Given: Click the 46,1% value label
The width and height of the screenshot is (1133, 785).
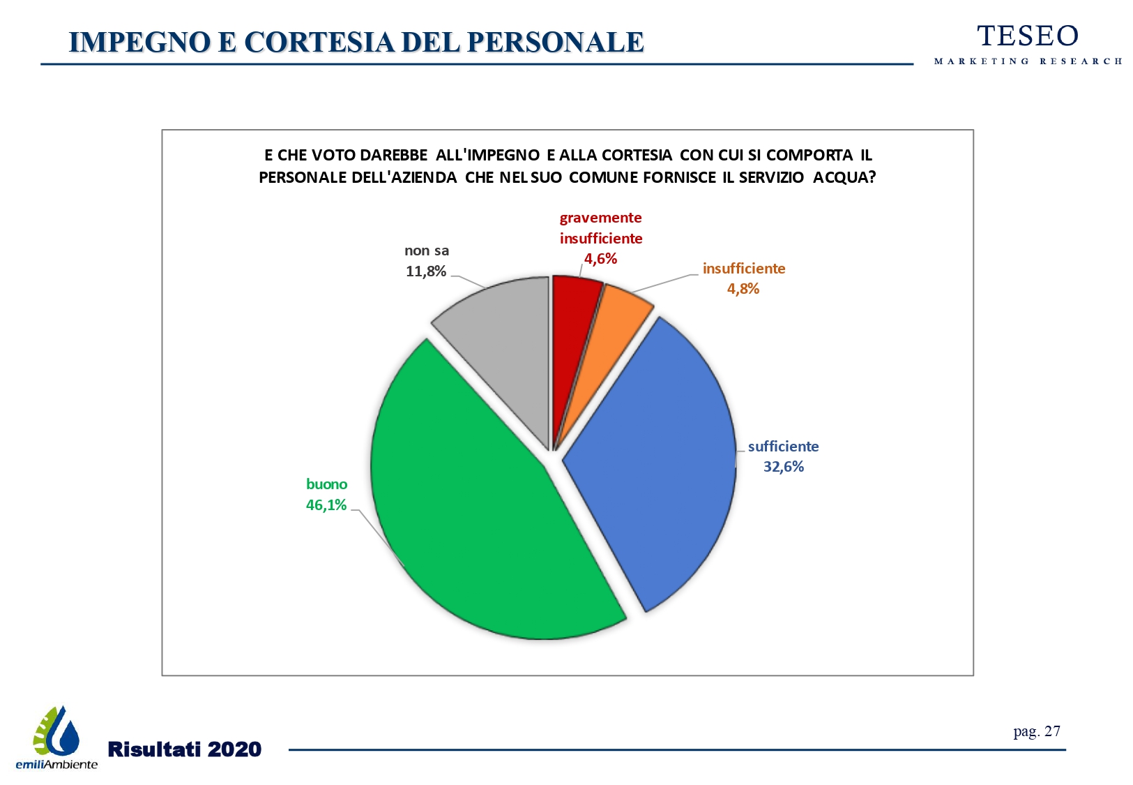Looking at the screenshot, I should (326, 505).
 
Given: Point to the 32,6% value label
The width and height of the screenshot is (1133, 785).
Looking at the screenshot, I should (784, 467).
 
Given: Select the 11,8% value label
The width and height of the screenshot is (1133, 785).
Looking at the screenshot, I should (426, 271).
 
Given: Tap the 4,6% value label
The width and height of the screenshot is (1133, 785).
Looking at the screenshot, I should (600, 259).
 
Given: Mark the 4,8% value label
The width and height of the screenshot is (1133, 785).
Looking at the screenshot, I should (743, 289).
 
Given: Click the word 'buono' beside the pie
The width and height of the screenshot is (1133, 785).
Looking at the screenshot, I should (326, 484).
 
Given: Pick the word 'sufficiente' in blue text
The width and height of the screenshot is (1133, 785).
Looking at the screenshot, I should (783, 447).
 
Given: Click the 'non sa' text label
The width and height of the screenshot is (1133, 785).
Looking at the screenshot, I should (427, 251).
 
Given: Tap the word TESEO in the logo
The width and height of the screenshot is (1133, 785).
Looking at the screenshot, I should (1028, 36).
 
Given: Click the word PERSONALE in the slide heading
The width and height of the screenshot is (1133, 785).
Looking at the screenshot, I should (555, 43).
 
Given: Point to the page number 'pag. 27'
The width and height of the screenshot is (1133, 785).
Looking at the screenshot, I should (1037, 731).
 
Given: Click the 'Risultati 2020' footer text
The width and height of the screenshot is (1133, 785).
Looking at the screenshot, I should (185, 749).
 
